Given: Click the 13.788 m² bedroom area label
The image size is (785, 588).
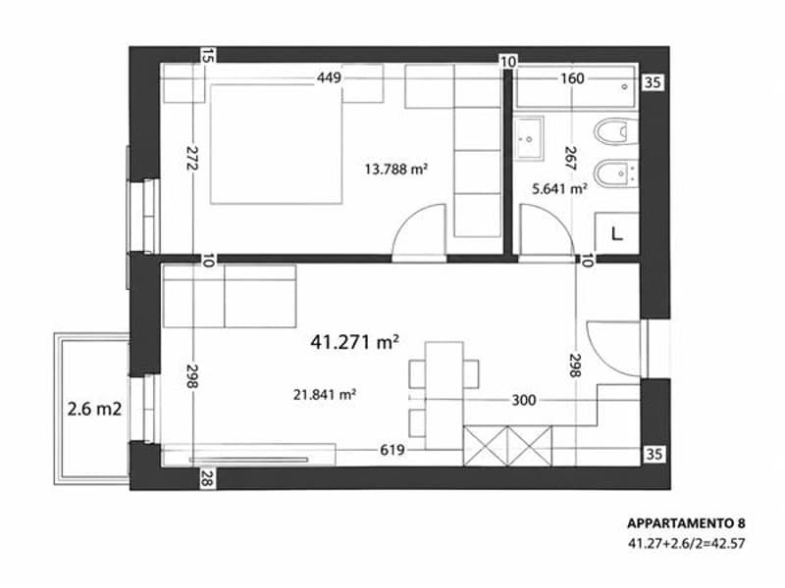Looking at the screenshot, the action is tap(396, 169).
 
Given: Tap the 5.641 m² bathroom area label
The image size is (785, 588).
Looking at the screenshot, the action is tap(559, 189).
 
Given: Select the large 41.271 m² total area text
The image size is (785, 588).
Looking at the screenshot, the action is tap(354, 342).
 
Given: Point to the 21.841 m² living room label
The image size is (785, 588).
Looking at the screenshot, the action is tap(325, 395).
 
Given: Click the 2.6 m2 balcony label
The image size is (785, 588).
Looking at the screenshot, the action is tap(94, 409).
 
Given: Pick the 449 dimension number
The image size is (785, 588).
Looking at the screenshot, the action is tap(329, 77).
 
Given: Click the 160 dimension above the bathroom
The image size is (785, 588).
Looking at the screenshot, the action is tap(572, 78).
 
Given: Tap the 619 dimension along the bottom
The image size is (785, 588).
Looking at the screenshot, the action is tap(392, 450).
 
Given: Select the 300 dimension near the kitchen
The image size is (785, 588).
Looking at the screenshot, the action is tap(524, 400).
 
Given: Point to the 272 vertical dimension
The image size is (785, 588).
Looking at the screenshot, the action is tap(192, 158).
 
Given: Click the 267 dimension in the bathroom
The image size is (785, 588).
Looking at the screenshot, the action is tap(570, 158).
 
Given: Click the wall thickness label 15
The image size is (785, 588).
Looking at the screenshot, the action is tap(207, 56).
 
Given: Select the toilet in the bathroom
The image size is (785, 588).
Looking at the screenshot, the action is tap(616, 132).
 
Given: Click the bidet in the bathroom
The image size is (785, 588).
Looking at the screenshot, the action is tap(616, 173).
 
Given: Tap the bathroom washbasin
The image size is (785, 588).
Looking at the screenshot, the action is tap(529, 138).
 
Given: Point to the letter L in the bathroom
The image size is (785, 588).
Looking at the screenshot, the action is tap(617, 233).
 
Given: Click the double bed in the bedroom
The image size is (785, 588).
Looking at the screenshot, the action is tap(277, 144).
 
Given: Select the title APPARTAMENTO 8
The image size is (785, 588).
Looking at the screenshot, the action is tap(686, 523).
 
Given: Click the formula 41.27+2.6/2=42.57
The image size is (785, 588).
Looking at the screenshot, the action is tap(686, 543).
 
